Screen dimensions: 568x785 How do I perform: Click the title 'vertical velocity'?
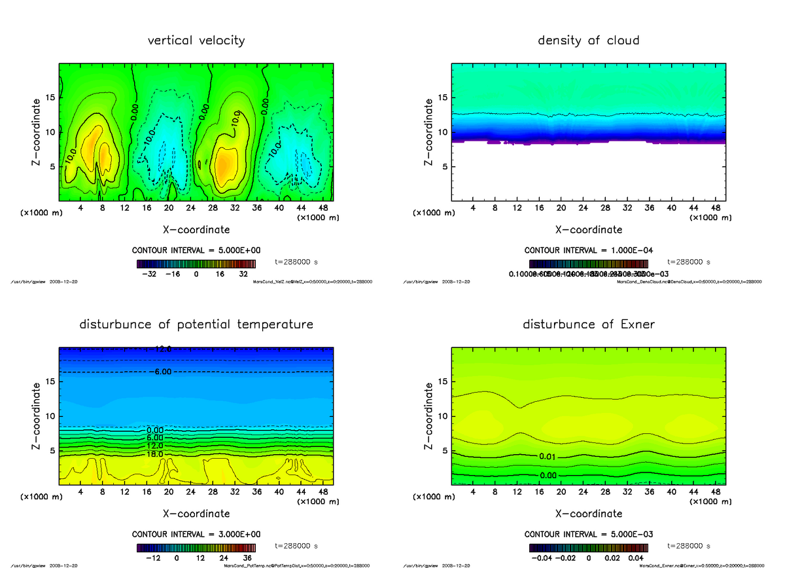pos(196,41)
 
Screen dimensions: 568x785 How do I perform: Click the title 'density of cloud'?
pos(588,41)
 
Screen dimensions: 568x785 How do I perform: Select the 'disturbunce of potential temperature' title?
pos(196,325)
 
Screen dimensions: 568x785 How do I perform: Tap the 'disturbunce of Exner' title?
pos(588,325)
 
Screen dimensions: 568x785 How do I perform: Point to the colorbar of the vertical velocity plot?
pos(196,263)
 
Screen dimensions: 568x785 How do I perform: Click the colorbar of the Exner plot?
pos(588,547)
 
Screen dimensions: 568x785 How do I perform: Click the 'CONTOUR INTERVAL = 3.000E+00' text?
pos(196,534)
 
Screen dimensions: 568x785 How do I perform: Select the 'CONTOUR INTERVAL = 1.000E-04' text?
pos(588,250)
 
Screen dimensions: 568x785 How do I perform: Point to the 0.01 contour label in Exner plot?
pos(549,455)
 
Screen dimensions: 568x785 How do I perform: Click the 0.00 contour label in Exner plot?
pos(549,475)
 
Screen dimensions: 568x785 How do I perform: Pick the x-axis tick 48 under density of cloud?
pos(716,209)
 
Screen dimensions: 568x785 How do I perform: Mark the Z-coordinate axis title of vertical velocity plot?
pos(37,132)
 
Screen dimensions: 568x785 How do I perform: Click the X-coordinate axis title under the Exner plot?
pos(588,514)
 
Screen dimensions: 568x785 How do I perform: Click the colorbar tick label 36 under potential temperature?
pos(248,559)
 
